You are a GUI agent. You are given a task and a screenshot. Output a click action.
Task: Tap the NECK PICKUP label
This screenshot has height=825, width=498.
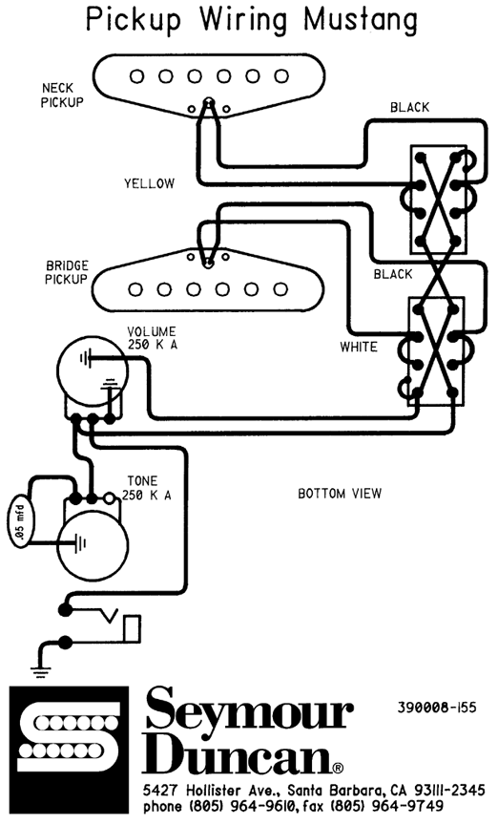pyautogui.click(x=63, y=95)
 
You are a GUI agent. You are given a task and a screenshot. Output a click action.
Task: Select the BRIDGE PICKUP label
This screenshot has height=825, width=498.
pyautogui.click(x=67, y=272)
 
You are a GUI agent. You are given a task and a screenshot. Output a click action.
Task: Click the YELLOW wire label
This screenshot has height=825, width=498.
pyautogui.click(x=149, y=183)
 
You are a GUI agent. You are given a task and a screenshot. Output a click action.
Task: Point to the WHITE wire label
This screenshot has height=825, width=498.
pyautogui.click(x=359, y=347)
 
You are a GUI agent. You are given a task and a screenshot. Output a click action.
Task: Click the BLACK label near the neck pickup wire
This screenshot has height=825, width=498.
pyautogui.click(x=409, y=107)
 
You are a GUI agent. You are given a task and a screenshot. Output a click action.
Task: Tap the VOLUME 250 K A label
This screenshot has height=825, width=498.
pyautogui.click(x=152, y=338)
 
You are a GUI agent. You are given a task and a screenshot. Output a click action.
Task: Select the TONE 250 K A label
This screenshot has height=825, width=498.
pyautogui.click(x=147, y=488)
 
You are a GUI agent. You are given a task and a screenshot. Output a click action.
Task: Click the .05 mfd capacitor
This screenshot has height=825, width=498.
pyautogui.click(x=20, y=520)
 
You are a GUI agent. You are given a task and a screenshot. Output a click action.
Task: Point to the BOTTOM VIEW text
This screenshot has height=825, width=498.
pyautogui.click(x=340, y=494)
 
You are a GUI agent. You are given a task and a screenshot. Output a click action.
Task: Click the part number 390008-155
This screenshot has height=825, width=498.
pyautogui.click(x=437, y=707)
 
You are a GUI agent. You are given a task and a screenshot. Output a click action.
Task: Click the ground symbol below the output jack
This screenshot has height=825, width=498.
pyautogui.click(x=40, y=672)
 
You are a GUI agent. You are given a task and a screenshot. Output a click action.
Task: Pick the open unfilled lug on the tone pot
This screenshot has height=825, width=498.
pyautogui.click(x=110, y=497)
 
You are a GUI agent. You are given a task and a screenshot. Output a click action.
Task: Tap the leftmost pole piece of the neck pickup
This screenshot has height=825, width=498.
pyautogui.click(x=136, y=76)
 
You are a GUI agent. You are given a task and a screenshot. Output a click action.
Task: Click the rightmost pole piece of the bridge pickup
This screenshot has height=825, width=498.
pyautogui.click(x=280, y=289)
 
